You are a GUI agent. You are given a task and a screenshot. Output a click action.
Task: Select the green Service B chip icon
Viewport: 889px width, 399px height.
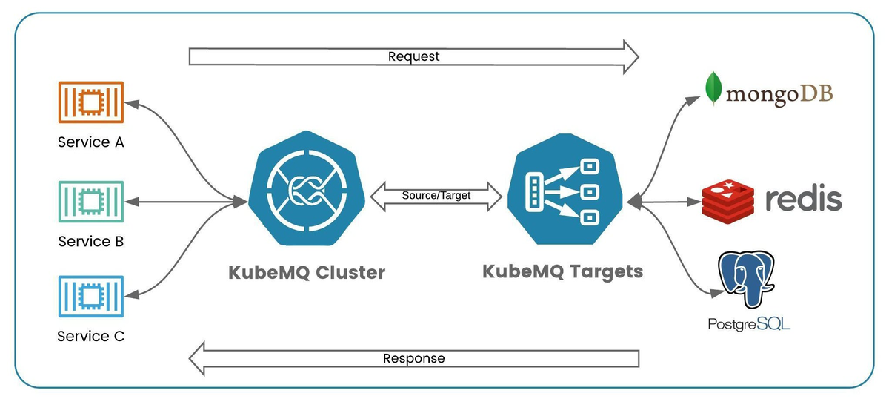[91, 201]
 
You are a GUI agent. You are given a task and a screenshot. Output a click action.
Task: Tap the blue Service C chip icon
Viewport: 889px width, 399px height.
[91, 297]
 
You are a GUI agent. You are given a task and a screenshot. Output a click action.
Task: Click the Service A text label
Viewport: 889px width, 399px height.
[91, 142]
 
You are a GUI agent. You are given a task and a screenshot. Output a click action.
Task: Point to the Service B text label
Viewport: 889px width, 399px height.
[91, 241]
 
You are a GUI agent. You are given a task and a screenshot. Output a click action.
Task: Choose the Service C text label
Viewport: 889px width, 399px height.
[91, 337]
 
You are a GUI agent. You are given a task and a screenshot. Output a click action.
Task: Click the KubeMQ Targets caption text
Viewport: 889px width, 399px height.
[563, 271]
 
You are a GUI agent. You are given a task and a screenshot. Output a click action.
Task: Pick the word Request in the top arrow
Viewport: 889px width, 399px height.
[413, 56]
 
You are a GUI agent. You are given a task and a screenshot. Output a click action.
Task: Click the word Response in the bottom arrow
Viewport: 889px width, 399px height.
[413, 359]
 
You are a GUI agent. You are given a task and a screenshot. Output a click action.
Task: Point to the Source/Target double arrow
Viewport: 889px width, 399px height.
[436, 196]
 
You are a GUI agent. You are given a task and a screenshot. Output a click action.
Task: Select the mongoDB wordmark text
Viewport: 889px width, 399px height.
[779, 94]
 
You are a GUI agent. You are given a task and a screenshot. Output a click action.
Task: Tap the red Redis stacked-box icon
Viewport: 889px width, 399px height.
[727, 199]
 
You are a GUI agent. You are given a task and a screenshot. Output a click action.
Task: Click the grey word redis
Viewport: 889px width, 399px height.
[803, 199]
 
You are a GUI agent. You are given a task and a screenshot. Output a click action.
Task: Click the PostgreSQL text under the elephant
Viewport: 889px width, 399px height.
[749, 324]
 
